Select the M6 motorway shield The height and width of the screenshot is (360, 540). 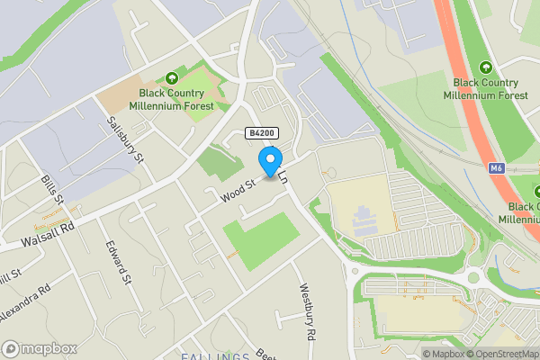(x=497, y=168)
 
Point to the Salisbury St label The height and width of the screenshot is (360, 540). (x=126, y=139)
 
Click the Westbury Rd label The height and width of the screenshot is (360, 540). (x=307, y=312)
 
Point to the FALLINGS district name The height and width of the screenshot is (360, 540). (x=215, y=356)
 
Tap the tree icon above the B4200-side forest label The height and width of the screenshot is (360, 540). (x=172, y=78)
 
